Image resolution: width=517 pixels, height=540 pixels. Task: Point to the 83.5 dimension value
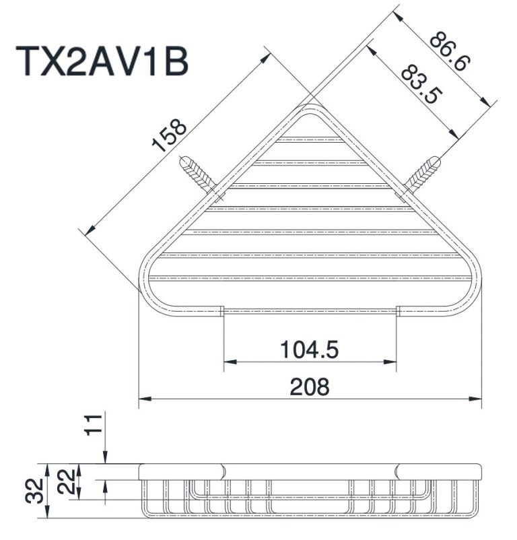tap(419, 83)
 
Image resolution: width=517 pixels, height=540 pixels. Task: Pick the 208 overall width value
tap(310, 386)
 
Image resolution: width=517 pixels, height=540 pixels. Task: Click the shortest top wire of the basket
tap(311, 141)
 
